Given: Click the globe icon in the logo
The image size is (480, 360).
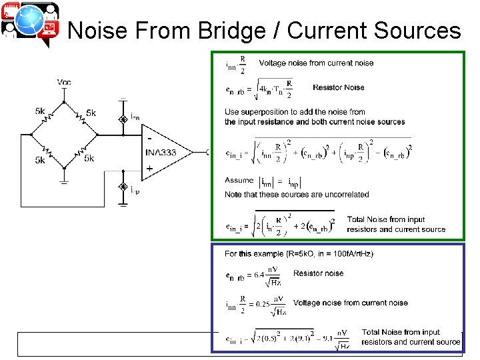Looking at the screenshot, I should click(30, 24).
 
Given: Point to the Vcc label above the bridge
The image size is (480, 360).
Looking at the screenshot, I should click(64, 82).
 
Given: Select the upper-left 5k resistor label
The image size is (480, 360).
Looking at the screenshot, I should click(41, 111).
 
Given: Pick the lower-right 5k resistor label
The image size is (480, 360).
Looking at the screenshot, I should click(89, 158).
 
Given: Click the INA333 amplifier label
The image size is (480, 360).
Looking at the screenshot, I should click(160, 153).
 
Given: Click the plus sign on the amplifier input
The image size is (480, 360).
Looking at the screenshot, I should click(149, 168).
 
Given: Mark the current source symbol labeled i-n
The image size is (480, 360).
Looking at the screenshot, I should click(123, 119).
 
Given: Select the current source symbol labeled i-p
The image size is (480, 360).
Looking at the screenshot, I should click(123, 187).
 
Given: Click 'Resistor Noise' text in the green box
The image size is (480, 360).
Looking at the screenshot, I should click(338, 87).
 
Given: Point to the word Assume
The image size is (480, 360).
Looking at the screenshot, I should click(239, 180).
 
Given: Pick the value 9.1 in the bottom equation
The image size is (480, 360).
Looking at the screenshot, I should click(327, 338).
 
